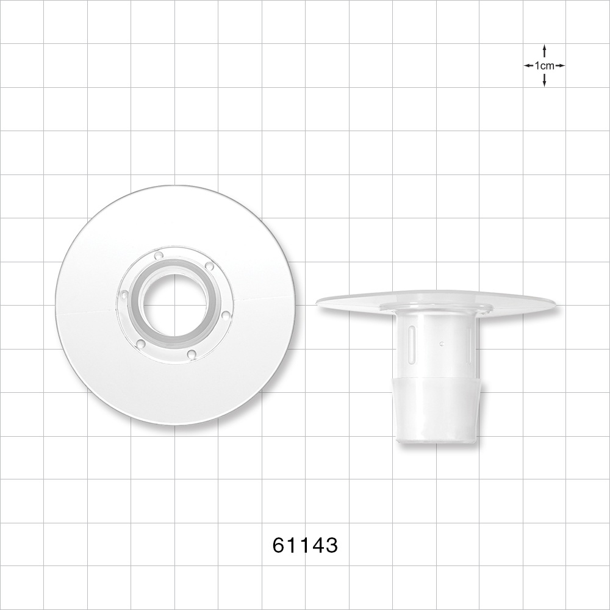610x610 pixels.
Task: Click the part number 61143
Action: (x=304, y=545)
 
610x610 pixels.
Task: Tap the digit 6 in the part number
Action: (x=279, y=545)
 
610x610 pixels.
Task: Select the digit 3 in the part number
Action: (x=331, y=545)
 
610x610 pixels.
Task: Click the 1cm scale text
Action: (x=544, y=65)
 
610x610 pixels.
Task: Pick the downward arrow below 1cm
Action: (x=544, y=81)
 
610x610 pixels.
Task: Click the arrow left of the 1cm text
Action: (x=528, y=65)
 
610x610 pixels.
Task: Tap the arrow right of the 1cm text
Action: (x=560, y=65)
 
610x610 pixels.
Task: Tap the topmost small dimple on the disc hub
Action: (x=159, y=256)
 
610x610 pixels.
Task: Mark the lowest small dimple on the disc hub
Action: (x=191, y=353)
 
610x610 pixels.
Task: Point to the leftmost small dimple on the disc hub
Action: (x=124, y=295)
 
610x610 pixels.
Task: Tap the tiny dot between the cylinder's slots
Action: (x=440, y=343)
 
